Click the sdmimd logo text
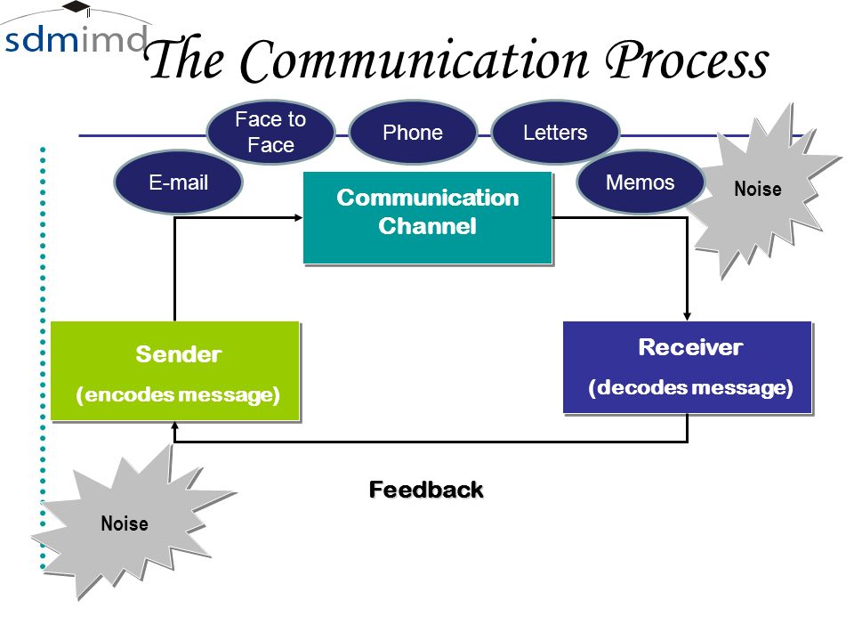pyautogui.click(x=75, y=40)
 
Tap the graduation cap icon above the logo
pyautogui.click(x=77, y=8)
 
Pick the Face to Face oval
pyautogui.click(x=270, y=132)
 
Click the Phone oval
pyautogui.click(x=413, y=132)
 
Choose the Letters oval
pyautogui.click(x=555, y=132)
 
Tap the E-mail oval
pyautogui.click(x=179, y=182)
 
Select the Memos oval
pyautogui.click(x=640, y=182)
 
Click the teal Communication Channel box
pyautogui.click(x=428, y=218)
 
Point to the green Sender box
pyautogui.click(x=175, y=371)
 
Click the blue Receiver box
pyautogui.click(x=688, y=368)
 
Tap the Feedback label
pyautogui.click(x=426, y=490)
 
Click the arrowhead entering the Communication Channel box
pyautogui.click(x=299, y=218)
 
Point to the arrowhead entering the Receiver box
pyautogui.click(x=688, y=317)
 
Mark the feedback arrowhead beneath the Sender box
pyautogui.click(x=175, y=426)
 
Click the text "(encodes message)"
pyautogui.click(x=178, y=394)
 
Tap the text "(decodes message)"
pyautogui.click(x=690, y=387)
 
